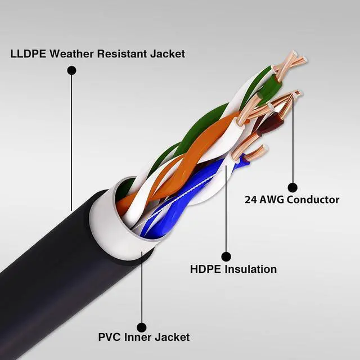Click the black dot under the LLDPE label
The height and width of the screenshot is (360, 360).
click(71, 70)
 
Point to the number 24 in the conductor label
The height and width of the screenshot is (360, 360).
click(251, 200)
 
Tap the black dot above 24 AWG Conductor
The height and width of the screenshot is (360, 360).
click(292, 187)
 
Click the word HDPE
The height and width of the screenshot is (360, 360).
click(206, 269)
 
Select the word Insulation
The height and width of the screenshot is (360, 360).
click(250, 269)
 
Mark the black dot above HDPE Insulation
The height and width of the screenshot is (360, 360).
click(226, 256)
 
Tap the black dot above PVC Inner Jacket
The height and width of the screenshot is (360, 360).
click(142, 327)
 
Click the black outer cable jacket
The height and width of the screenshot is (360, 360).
click(51, 264)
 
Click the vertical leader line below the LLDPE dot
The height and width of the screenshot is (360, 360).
click(71, 141)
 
